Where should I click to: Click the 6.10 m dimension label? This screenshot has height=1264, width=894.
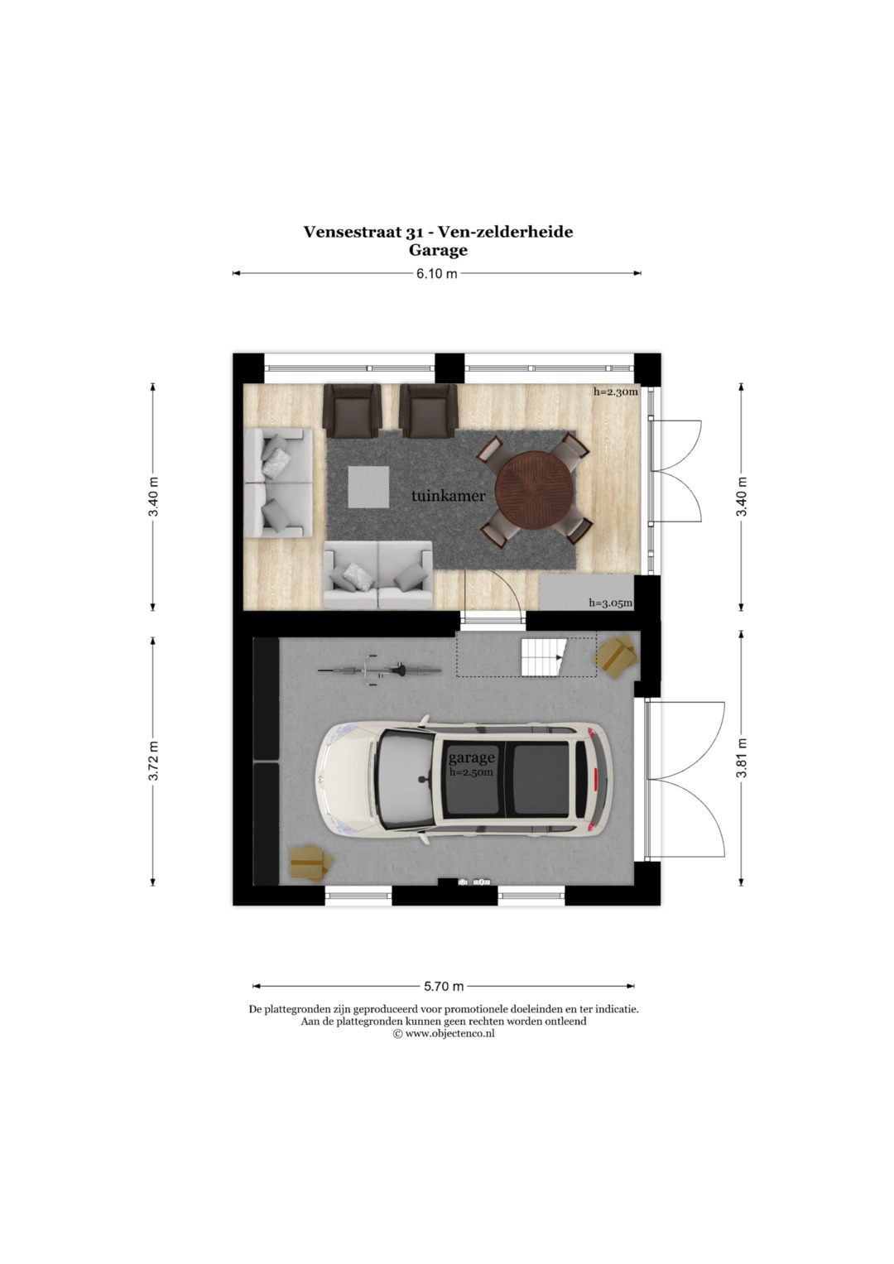436,274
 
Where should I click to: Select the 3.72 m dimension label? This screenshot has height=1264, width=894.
153,761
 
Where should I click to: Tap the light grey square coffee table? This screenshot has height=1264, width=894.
368,487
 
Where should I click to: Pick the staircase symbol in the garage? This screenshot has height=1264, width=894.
542,657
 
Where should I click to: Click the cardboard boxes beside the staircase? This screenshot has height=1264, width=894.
615,653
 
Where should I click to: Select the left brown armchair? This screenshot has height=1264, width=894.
352,411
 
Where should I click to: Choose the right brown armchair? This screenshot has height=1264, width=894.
429,411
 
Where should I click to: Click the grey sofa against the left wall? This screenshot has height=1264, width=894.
278,483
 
